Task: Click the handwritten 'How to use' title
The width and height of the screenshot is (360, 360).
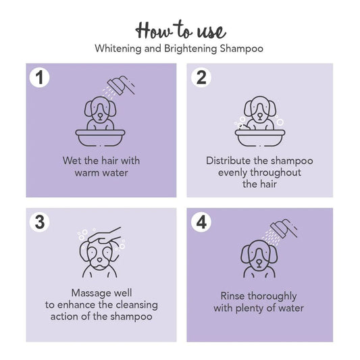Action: (180, 30)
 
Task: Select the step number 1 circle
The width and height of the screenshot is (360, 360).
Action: (41, 78)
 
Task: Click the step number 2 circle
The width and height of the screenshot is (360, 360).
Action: (201, 78)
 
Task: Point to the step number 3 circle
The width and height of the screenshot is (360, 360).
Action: (41, 222)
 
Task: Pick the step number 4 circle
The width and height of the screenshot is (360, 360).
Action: (201, 222)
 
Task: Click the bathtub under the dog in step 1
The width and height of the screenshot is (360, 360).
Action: (101, 136)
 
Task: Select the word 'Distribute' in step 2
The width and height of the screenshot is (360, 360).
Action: (229, 161)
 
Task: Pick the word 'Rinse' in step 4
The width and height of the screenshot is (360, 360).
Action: (234, 297)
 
